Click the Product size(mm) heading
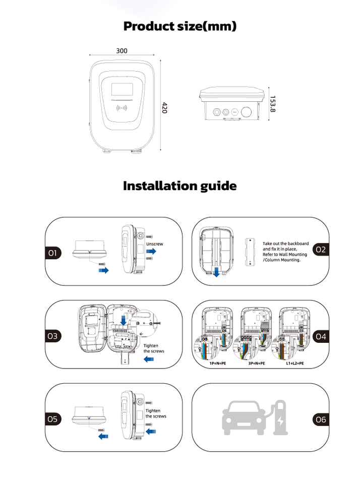[x=180, y=26]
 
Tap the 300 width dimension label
[x=122, y=51]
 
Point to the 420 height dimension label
[x=164, y=108]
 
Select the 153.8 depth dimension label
[x=272, y=104]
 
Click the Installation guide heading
[x=180, y=186]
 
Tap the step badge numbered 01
[x=53, y=253]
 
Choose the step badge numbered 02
[x=321, y=249]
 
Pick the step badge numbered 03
[x=53, y=336]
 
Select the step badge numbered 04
[x=321, y=336]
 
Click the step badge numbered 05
[x=53, y=419]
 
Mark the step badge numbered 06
[x=321, y=419]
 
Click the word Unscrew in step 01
[x=155, y=244]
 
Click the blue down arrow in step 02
[x=216, y=272]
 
